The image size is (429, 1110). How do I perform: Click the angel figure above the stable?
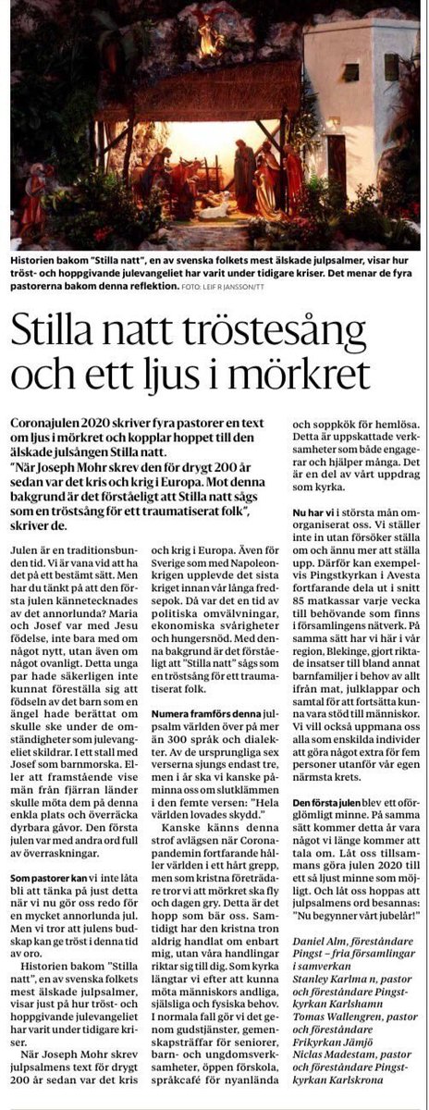coord(205,32)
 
